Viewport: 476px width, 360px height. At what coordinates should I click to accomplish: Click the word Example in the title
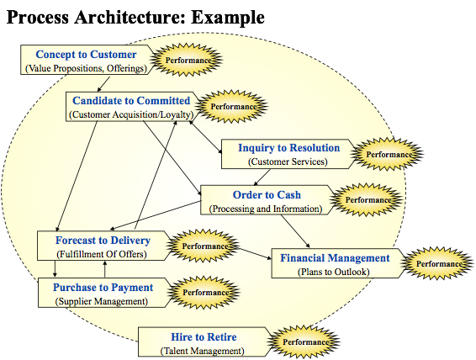tap(228, 17)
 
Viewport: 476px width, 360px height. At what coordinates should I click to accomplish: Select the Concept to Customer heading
tap(86, 55)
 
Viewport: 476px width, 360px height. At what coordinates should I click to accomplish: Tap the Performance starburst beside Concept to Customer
tap(186, 60)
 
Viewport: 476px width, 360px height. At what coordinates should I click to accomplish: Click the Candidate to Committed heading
tap(131, 100)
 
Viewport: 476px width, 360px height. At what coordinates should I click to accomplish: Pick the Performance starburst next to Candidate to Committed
tap(231, 106)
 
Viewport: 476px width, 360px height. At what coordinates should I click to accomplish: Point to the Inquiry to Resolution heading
tap(288, 147)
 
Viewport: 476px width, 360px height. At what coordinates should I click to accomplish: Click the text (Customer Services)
tap(288, 161)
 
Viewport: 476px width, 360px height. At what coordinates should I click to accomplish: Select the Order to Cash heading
tap(267, 194)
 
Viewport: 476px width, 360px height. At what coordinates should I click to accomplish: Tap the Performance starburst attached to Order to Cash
tap(367, 199)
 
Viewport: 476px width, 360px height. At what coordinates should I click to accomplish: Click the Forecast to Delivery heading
tap(103, 240)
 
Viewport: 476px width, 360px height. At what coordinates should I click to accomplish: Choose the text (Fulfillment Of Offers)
tap(102, 254)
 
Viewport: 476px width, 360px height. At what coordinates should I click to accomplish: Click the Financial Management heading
tap(335, 257)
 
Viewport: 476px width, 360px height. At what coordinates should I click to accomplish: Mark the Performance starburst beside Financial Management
tap(437, 263)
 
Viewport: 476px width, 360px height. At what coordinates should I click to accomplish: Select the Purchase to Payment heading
tap(103, 287)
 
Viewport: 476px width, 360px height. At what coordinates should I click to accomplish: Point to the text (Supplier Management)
tap(102, 301)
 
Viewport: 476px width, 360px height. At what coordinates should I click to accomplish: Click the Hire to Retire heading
tap(204, 337)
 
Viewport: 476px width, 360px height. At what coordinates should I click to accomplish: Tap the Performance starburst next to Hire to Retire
tap(304, 341)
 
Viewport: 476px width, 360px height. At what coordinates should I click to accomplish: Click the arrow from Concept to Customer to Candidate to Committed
tap(103, 84)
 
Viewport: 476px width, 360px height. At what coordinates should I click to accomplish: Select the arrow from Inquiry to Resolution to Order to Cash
tap(262, 177)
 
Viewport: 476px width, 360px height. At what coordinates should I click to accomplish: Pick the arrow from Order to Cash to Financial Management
tap(295, 231)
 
